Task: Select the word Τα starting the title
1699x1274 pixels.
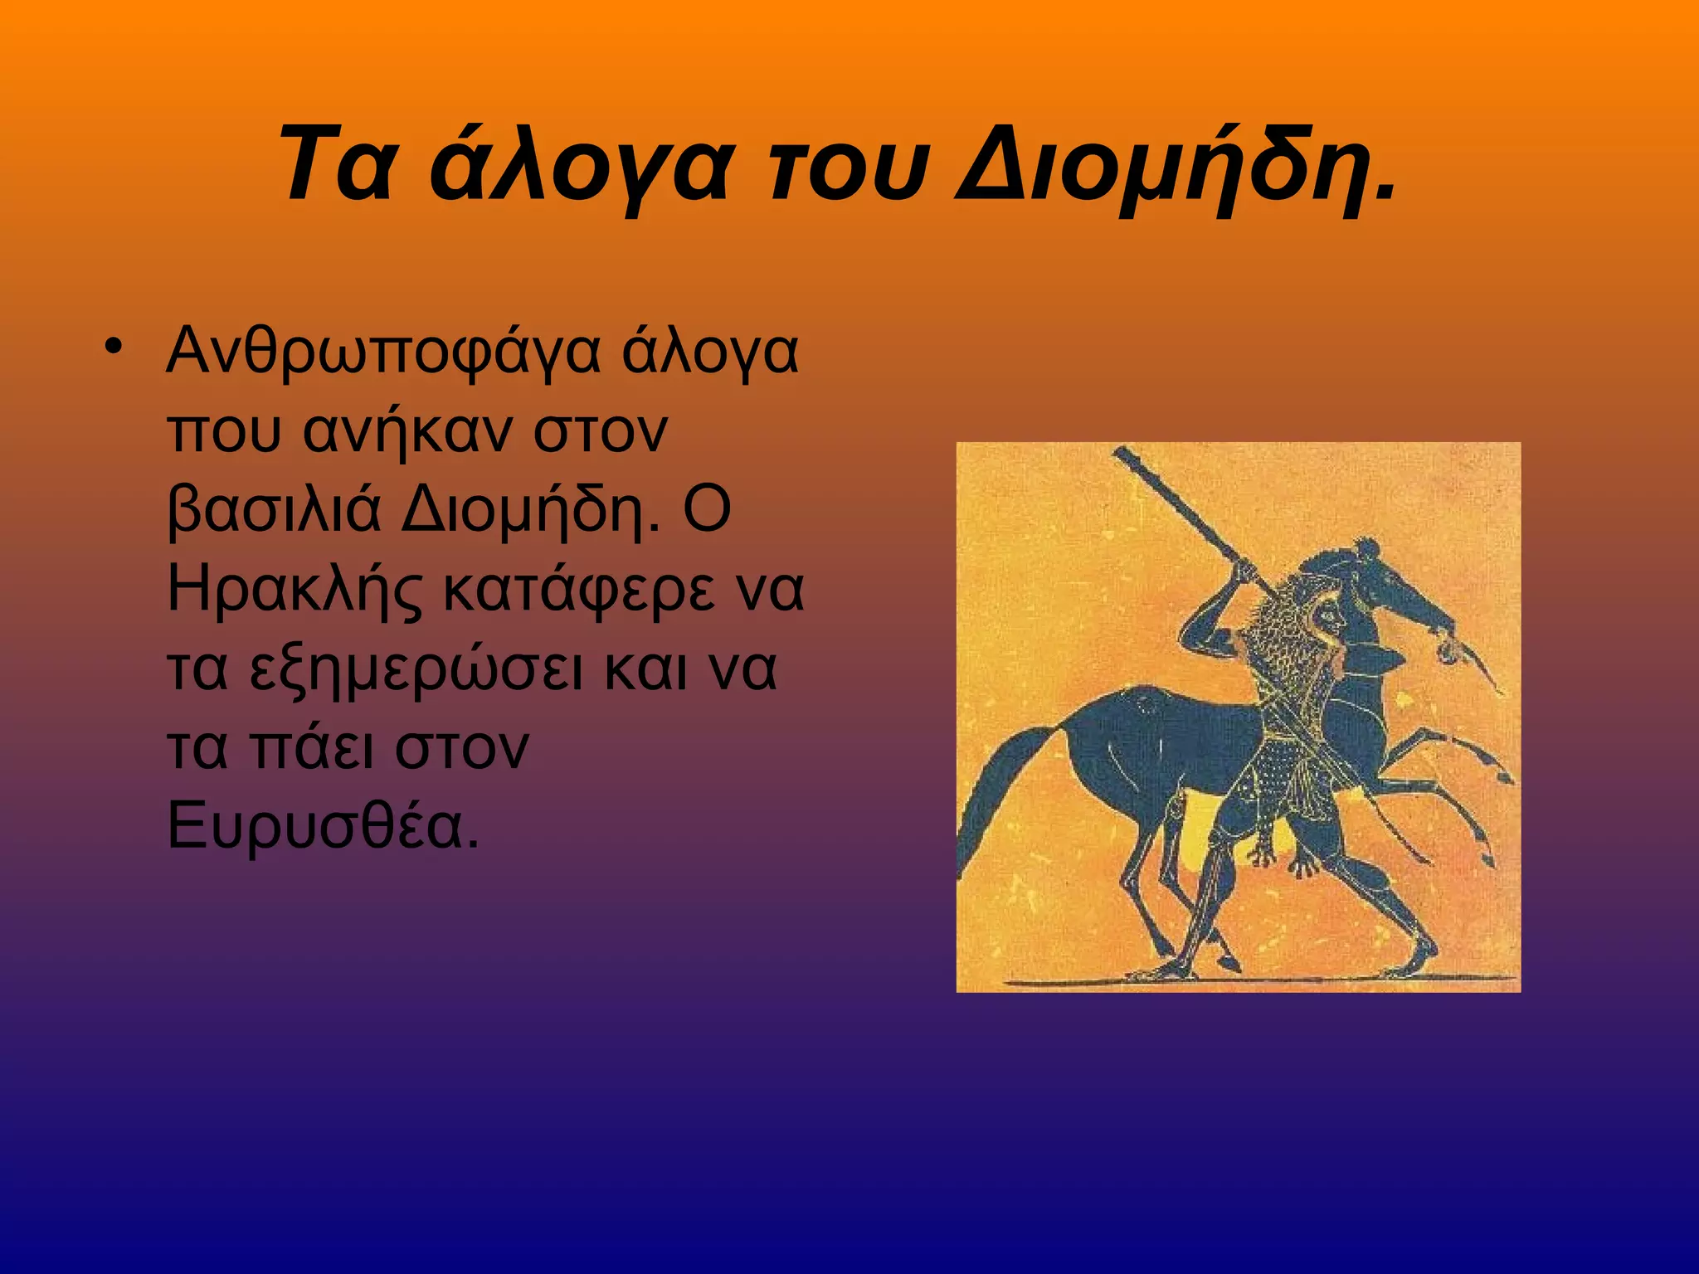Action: [336, 164]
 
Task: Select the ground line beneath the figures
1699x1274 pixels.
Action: [1244, 981]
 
